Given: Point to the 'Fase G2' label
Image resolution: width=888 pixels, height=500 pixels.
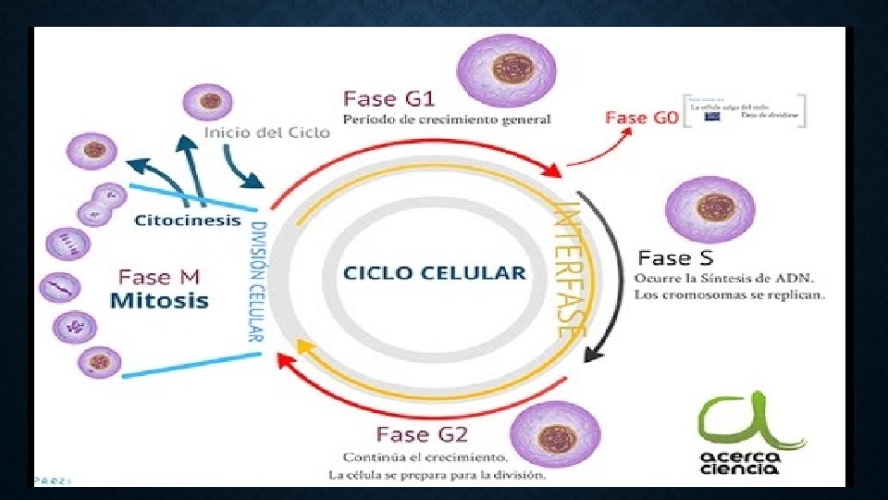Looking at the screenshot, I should [x=422, y=433].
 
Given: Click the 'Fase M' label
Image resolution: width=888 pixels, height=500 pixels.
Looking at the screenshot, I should [x=159, y=277].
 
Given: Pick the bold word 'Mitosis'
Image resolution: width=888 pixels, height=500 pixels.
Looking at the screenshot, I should [x=159, y=300].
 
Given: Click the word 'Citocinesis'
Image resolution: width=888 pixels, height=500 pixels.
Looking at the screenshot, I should [x=188, y=220].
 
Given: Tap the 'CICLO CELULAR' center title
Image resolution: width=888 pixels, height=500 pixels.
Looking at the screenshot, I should [x=434, y=273].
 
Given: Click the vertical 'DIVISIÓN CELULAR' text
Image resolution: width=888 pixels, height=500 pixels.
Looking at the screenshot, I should [x=259, y=281].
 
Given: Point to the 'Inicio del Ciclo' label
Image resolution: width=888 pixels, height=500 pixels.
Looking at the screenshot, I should [x=267, y=132].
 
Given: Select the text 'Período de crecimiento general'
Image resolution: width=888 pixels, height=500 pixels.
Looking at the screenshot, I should [x=448, y=119].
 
